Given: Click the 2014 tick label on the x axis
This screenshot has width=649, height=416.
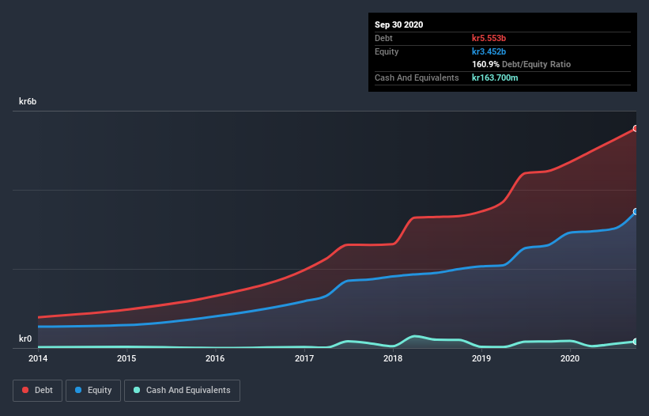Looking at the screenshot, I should click(x=37, y=358).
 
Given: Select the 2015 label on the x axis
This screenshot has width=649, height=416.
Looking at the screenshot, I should click(x=126, y=358).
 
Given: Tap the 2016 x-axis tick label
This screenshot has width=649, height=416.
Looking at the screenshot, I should click(x=215, y=358).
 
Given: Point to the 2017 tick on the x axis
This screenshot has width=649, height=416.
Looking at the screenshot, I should click(x=304, y=358).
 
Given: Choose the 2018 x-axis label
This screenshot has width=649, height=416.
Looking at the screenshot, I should click(x=393, y=358).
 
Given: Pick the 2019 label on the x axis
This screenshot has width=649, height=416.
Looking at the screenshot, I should click(x=481, y=358).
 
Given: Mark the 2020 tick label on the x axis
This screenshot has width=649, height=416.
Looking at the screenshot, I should click(x=571, y=358).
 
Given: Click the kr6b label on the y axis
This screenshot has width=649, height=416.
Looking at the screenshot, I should click(x=28, y=102).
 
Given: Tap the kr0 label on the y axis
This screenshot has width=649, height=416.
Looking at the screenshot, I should click(x=25, y=339).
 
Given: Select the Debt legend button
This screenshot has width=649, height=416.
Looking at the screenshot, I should click(x=37, y=390).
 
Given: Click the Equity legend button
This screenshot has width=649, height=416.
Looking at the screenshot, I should click(x=93, y=390).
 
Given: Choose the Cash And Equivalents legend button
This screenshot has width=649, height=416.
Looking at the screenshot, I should click(x=182, y=390).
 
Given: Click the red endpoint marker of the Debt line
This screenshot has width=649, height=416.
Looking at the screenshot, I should click(x=636, y=128).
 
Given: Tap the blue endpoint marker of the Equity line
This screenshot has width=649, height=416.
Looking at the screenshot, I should click(x=636, y=212).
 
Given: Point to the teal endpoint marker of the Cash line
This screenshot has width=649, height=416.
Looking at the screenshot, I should click(x=636, y=342).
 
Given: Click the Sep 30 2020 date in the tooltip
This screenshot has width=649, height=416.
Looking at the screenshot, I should click(x=398, y=25).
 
